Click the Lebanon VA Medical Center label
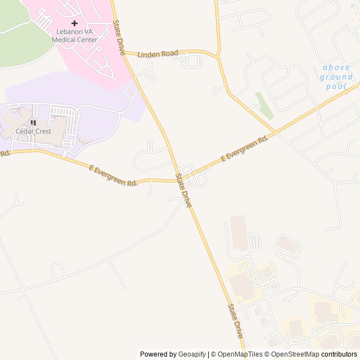point(75,36)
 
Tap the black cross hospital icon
point(74,23)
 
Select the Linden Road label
point(157,53)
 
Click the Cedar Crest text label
point(33,131)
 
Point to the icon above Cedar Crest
point(33,123)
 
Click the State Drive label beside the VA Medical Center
point(119,37)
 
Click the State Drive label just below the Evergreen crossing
point(183,191)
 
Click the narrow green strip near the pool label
point(264,105)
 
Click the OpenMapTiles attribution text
point(236,354)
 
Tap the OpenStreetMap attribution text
point(295,354)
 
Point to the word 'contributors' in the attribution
point(339,354)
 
